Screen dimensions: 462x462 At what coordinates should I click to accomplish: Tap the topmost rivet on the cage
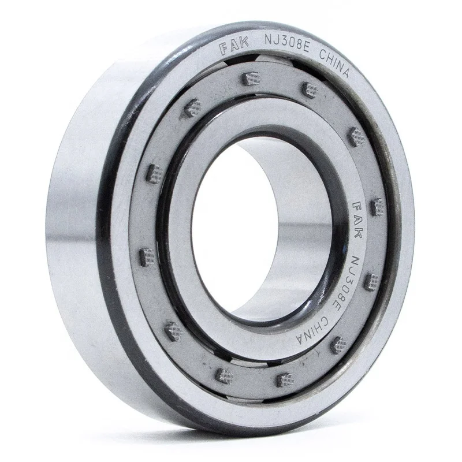[x=249, y=77]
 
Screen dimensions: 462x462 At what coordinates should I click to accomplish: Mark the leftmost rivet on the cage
[x=147, y=254]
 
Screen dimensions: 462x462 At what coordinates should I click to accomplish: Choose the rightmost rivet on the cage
[x=377, y=205]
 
